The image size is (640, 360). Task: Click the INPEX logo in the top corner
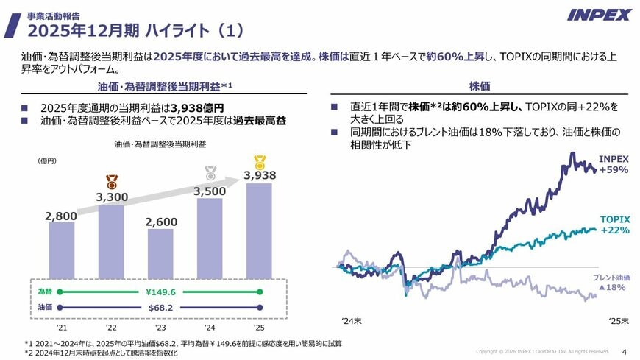pyautogui.click(x=599, y=15)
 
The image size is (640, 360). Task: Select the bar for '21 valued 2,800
pyautogui.click(x=61, y=250)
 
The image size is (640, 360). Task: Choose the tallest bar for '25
pyautogui.click(x=259, y=230)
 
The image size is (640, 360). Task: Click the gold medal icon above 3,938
pyautogui.click(x=260, y=162)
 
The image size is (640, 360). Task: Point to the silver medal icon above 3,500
pyautogui.click(x=210, y=173)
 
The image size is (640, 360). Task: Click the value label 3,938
pyautogui.click(x=260, y=176)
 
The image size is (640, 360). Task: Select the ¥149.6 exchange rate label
pyautogui.click(x=160, y=292)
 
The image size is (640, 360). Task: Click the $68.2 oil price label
pyautogui.click(x=160, y=307)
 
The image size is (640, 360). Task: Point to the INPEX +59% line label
pyautogui.click(x=614, y=164)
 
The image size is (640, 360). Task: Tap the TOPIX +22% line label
pyautogui.click(x=614, y=225)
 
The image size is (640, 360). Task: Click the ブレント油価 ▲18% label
pyautogui.click(x=612, y=283)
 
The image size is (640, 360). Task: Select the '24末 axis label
pyautogui.click(x=351, y=321)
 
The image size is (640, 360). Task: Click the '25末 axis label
pyautogui.click(x=618, y=321)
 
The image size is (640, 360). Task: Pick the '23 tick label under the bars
pyautogui.click(x=160, y=328)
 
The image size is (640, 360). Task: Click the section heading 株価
pyautogui.click(x=479, y=86)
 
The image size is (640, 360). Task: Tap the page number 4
pyautogui.click(x=624, y=351)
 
